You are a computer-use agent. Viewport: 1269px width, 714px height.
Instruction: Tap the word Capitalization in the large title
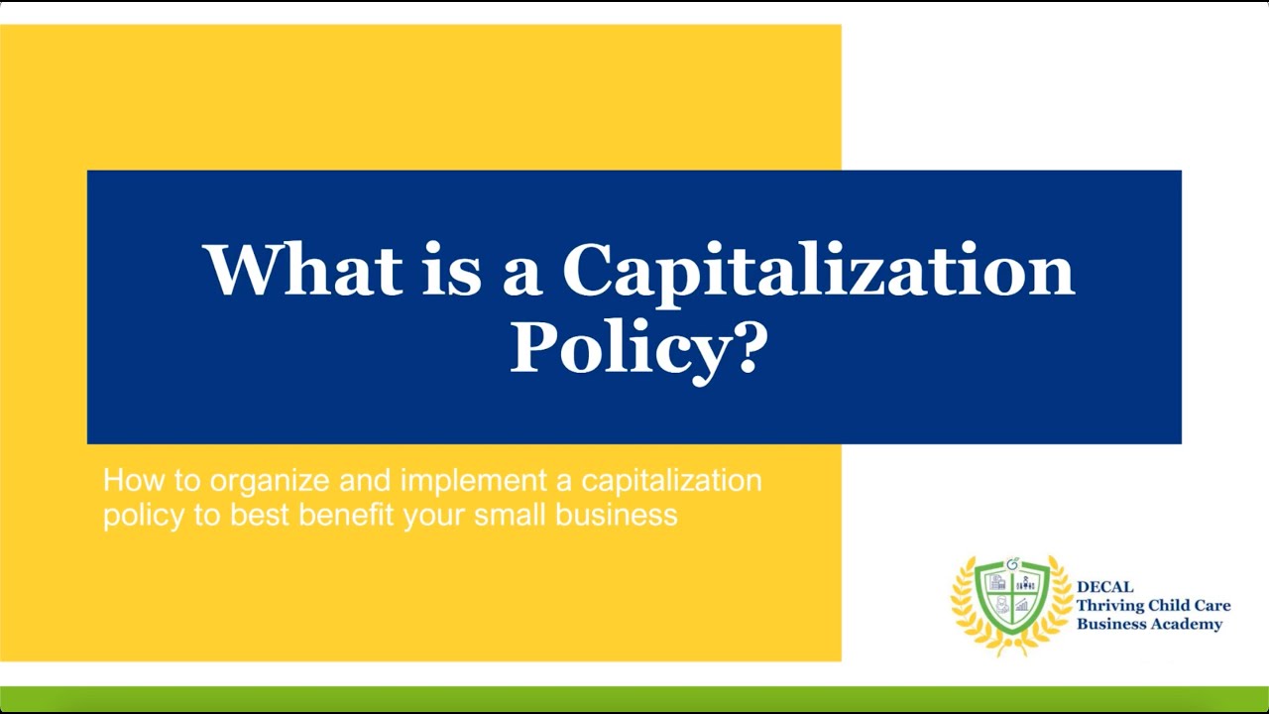(x=818, y=271)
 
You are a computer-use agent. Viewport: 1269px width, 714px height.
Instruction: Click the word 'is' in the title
(x=451, y=269)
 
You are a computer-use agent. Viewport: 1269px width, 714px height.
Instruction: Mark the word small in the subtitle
(x=510, y=516)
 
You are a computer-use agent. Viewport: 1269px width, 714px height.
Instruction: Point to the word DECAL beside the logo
(x=1104, y=587)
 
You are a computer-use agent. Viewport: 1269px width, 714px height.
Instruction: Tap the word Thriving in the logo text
(x=1110, y=606)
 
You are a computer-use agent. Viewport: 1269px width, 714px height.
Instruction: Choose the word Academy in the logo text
(x=1186, y=624)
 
